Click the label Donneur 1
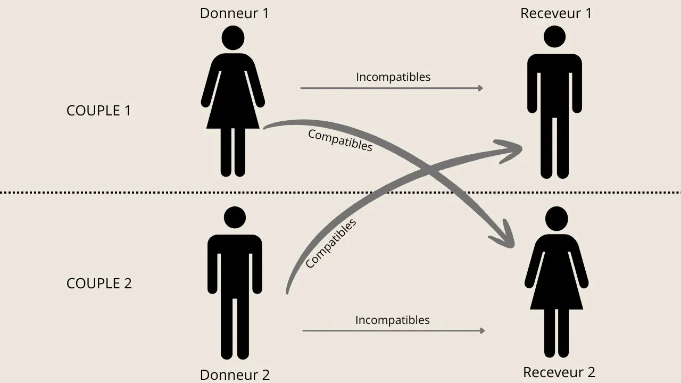[x=234, y=13]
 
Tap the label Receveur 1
[x=555, y=13]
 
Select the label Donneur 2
[x=235, y=374]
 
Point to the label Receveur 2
[x=559, y=372]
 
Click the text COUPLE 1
[x=98, y=111]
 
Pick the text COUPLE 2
[x=99, y=284]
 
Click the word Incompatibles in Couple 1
[x=393, y=77]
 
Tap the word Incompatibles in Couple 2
[x=393, y=320]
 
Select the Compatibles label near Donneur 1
[x=340, y=140]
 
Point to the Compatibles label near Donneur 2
[x=330, y=244]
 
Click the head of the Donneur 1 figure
[x=232, y=38]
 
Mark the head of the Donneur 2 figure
[x=235, y=218]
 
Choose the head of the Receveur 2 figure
[x=557, y=218]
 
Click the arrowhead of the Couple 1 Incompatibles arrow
[x=480, y=88]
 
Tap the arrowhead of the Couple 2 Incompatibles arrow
[x=482, y=331]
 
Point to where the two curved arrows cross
[x=429, y=170]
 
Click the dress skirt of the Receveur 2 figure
[x=557, y=290]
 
